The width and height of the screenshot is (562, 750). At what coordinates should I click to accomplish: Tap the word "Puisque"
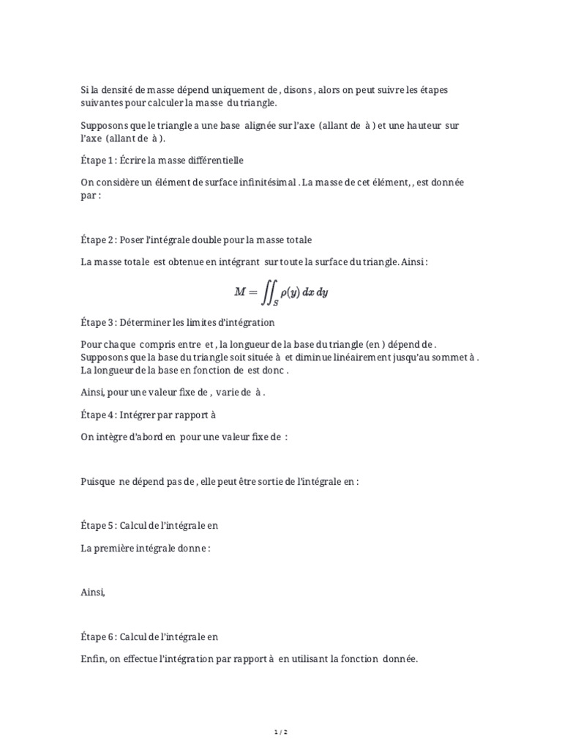(x=97, y=482)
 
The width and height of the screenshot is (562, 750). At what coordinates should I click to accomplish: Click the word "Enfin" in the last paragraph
(x=92, y=659)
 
